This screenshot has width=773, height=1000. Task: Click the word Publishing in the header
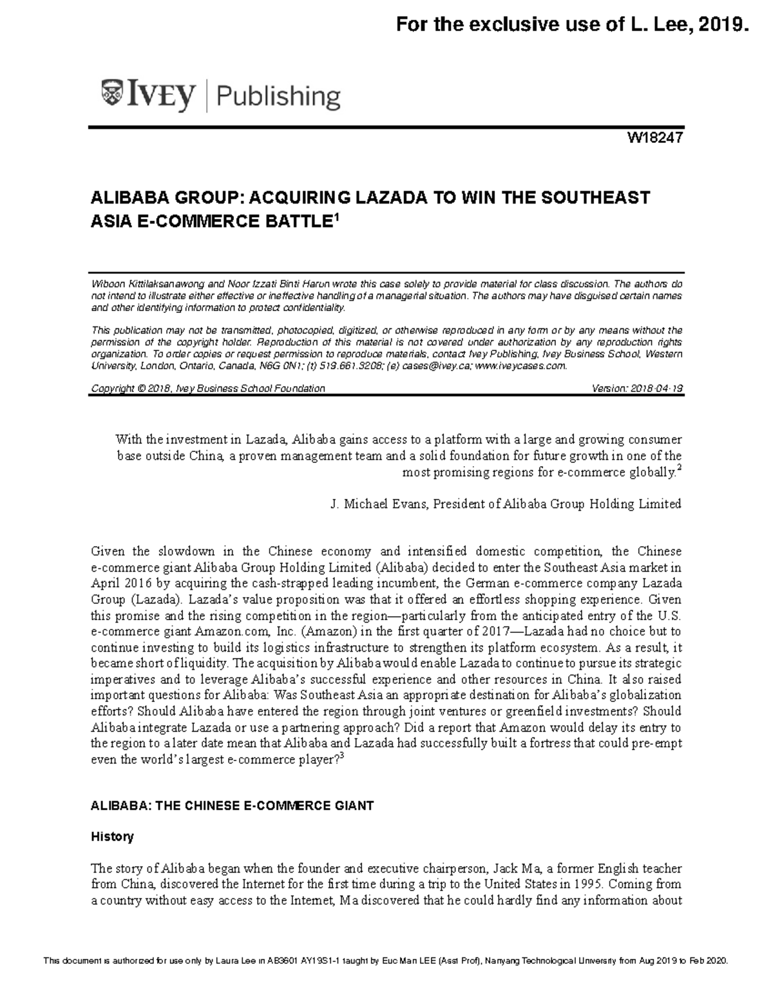(x=278, y=97)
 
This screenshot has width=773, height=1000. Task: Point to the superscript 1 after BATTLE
(x=333, y=218)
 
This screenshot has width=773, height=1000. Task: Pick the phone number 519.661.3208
(x=356, y=366)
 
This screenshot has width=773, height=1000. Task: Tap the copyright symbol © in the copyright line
(x=140, y=388)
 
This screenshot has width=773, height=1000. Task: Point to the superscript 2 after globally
(x=679, y=469)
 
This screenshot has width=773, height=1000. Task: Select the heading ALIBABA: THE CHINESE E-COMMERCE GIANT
(x=232, y=806)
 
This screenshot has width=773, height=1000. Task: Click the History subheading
(x=112, y=836)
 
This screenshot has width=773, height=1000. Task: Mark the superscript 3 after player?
(x=341, y=756)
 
